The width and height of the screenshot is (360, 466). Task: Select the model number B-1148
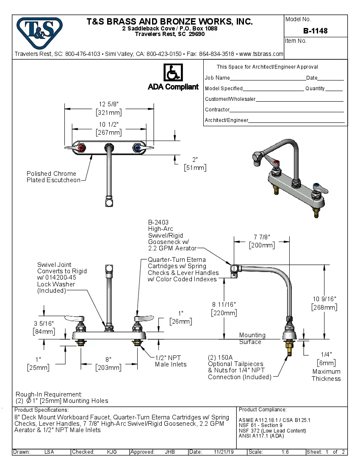(x=315, y=31)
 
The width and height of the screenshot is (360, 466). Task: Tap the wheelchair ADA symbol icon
(x=173, y=72)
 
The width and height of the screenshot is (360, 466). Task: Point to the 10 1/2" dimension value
(x=109, y=125)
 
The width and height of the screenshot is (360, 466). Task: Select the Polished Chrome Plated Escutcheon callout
(x=53, y=177)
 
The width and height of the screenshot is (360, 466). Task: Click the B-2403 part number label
(x=158, y=222)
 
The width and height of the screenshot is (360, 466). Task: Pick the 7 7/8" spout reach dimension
(x=262, y=237)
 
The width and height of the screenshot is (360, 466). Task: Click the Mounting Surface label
(x=252, y=338)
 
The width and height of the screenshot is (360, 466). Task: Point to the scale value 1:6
(x=285, y=452)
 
